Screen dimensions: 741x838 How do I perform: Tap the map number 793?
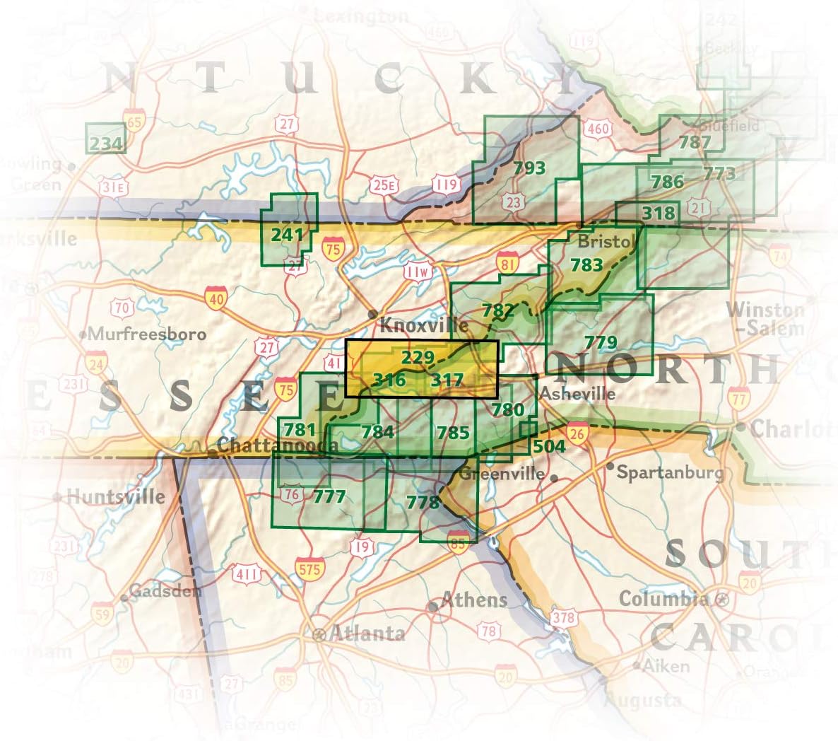tap(529, 168)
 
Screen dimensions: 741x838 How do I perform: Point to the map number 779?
tap(601, 343)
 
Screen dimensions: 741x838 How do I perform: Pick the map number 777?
tap(329, 496)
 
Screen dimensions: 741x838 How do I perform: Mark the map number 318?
tap(659, 213)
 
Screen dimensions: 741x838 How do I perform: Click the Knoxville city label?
tap(424, 325)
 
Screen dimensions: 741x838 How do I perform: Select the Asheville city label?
tap(576, 394)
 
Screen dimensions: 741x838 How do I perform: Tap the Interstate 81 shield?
tap(507, 262)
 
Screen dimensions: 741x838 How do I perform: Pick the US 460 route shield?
tap(598, 129)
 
